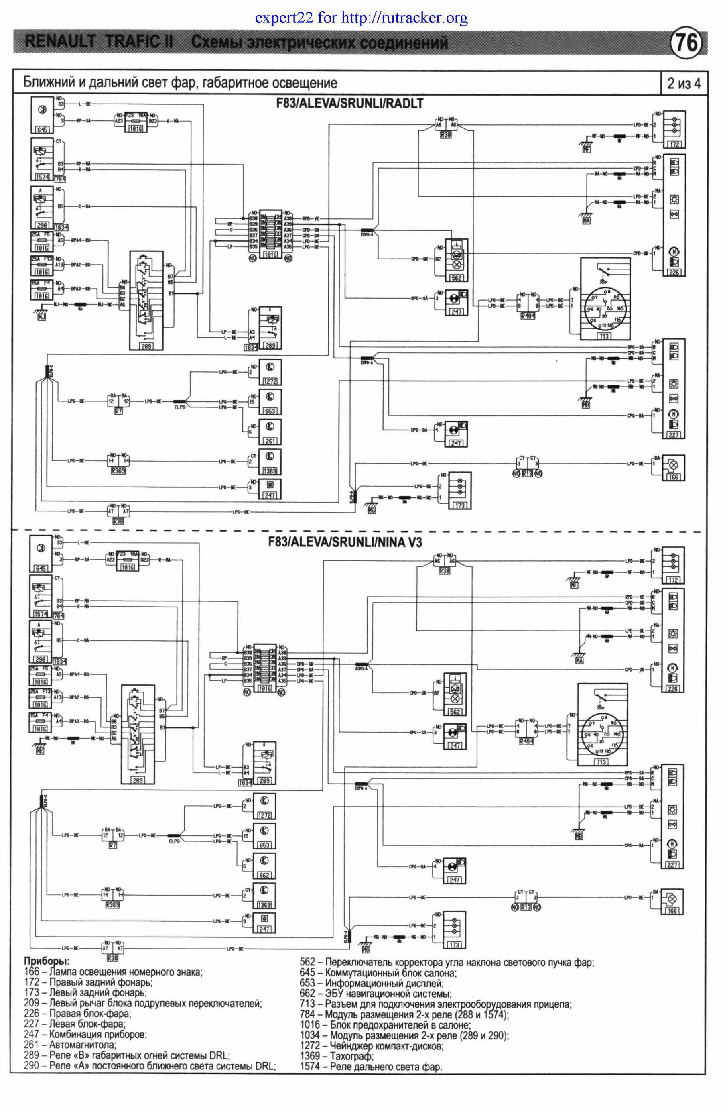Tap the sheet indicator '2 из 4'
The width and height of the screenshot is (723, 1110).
(683, 84)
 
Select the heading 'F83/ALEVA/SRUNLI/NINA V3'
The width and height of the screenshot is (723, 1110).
(345, 542)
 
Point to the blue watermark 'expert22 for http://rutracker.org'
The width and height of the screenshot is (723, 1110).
(361, 18)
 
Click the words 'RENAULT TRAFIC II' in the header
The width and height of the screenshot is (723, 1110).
(99, 43)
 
